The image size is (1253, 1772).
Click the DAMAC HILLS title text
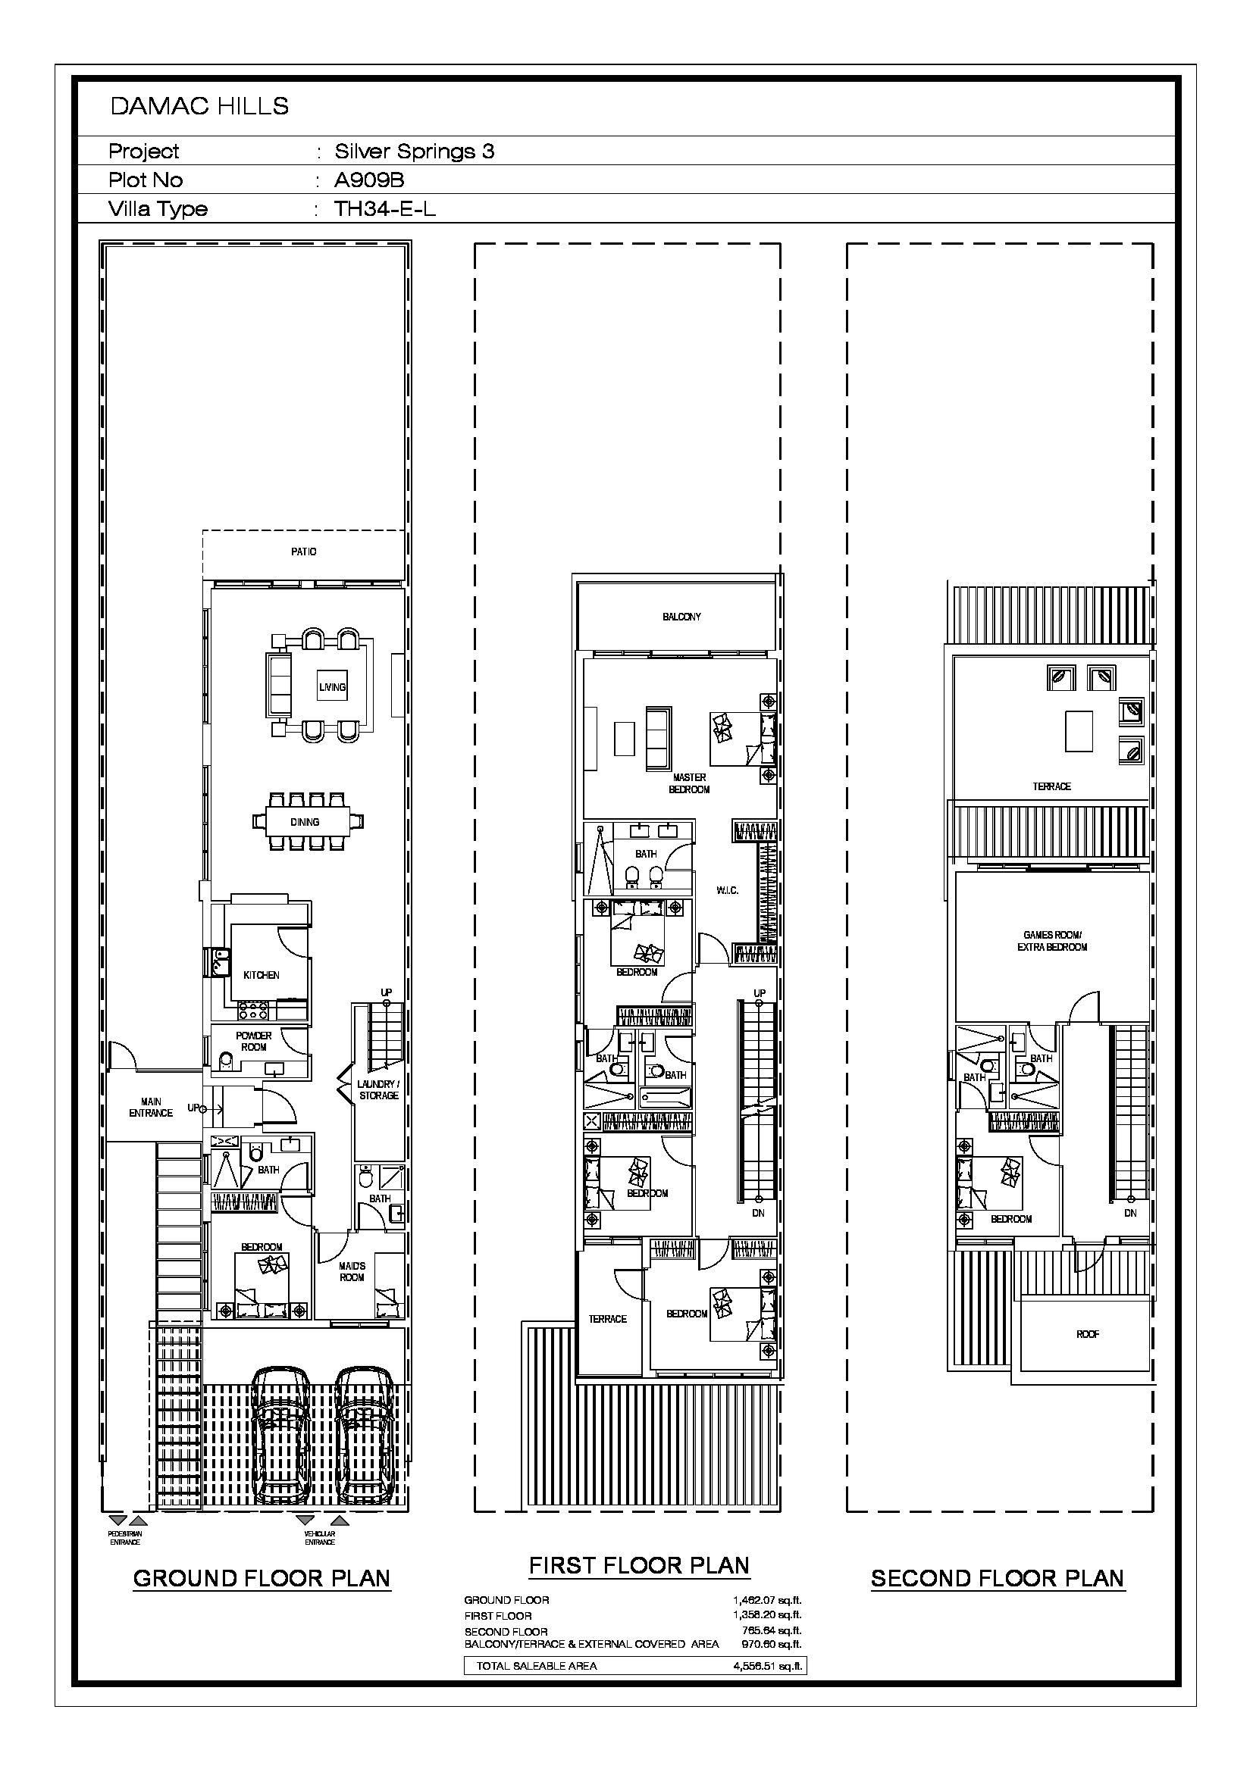(x=199, y=107)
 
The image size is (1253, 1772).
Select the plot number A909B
(x=369, y=180)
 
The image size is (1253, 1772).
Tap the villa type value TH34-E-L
(x=384, y=208)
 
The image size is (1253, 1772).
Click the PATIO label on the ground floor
(x=303, y=552)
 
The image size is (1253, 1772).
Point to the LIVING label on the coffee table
(x=333, y=687)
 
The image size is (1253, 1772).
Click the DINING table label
(x=305, y=822)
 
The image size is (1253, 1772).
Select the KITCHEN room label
(x=261, y=975)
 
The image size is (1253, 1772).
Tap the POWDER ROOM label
(x=254, y=1041)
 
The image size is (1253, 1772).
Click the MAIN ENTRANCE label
(x=151, y=1107)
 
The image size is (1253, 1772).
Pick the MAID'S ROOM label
(x=352, y=1271)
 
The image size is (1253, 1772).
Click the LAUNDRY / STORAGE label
(x=378, y=1089)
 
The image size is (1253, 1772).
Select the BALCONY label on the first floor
(x=681, y=617)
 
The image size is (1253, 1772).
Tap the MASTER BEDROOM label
(x=690, y=783)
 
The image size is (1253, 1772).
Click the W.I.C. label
(x=727, y=890)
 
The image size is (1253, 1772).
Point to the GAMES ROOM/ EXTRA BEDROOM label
(x=1052, y=941)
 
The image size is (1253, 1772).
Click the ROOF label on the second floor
(x=1088, y=1333)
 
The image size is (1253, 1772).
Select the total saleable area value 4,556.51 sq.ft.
(x=767, y=1665)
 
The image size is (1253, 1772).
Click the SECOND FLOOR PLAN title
(x=998, y=1578)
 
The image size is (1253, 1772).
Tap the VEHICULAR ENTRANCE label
(x=320, y=1537)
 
